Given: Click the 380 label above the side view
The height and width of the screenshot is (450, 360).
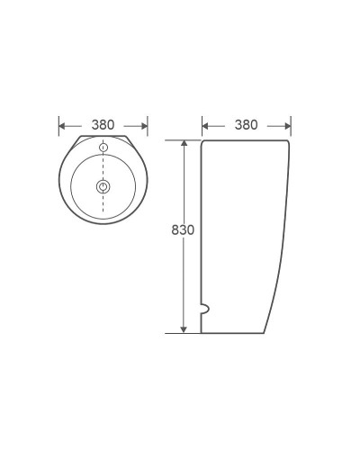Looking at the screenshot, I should coord(246,125).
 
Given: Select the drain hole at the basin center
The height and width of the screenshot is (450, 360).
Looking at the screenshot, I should coord(103,187).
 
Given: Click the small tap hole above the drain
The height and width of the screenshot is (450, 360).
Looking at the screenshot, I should coord(103,147).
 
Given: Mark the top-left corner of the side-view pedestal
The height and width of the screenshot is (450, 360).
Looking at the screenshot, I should coord(202,141).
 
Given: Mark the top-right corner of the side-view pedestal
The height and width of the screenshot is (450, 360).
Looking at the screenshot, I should coord(290,141).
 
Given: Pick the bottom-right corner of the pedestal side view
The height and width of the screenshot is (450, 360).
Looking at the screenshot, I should coord(265,332).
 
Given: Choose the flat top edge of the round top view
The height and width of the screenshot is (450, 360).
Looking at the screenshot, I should coord(103,137).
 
